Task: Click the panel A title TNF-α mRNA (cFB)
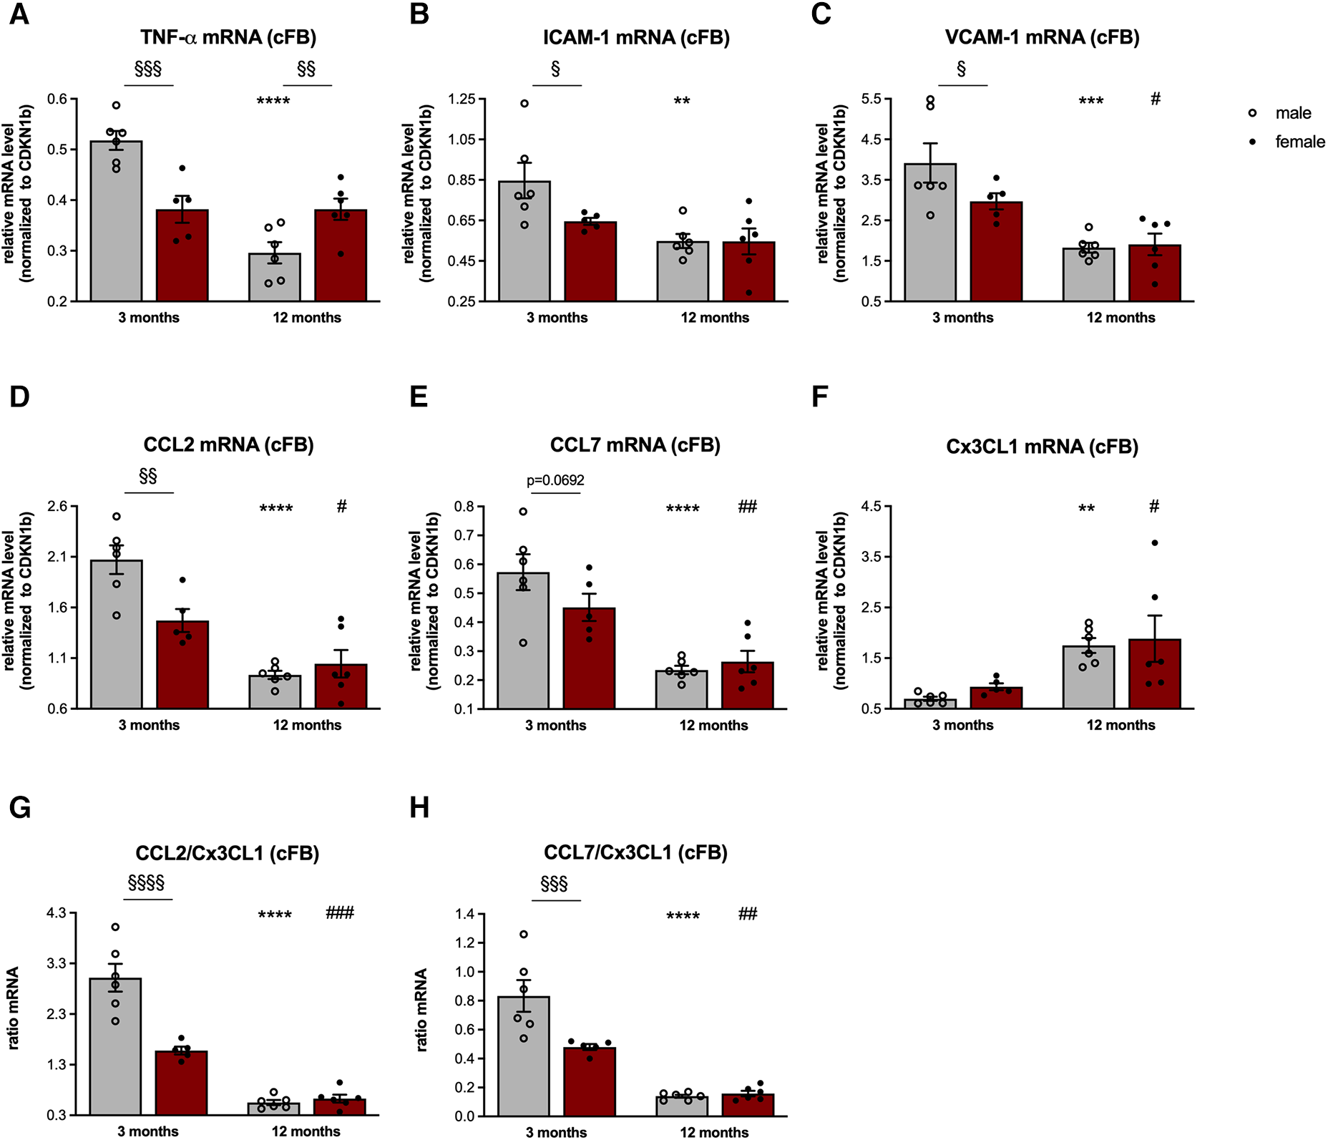point(228,37)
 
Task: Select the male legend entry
point(1292,113)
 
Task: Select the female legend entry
point(1299,142)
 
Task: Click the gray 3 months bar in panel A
point(117,229)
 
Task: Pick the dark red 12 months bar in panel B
point(748,276)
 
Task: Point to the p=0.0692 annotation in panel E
point(555,480)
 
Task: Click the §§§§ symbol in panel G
point(146,882)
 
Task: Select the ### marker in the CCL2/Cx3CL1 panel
point(340,912)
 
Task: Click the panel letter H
point(419,808)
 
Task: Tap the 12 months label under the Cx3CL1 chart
point(1120,725)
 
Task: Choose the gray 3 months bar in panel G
point(116,1052)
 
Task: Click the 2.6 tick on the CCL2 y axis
point(57,506)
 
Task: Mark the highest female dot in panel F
point(1155,543)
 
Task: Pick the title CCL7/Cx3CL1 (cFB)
point(635,852)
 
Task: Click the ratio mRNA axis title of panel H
point(422,1009)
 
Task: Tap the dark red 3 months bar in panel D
point(182,669)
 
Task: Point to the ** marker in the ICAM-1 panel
point(682,100)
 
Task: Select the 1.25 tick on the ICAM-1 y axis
point(462,99)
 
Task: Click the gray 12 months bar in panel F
point(1088,680)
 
